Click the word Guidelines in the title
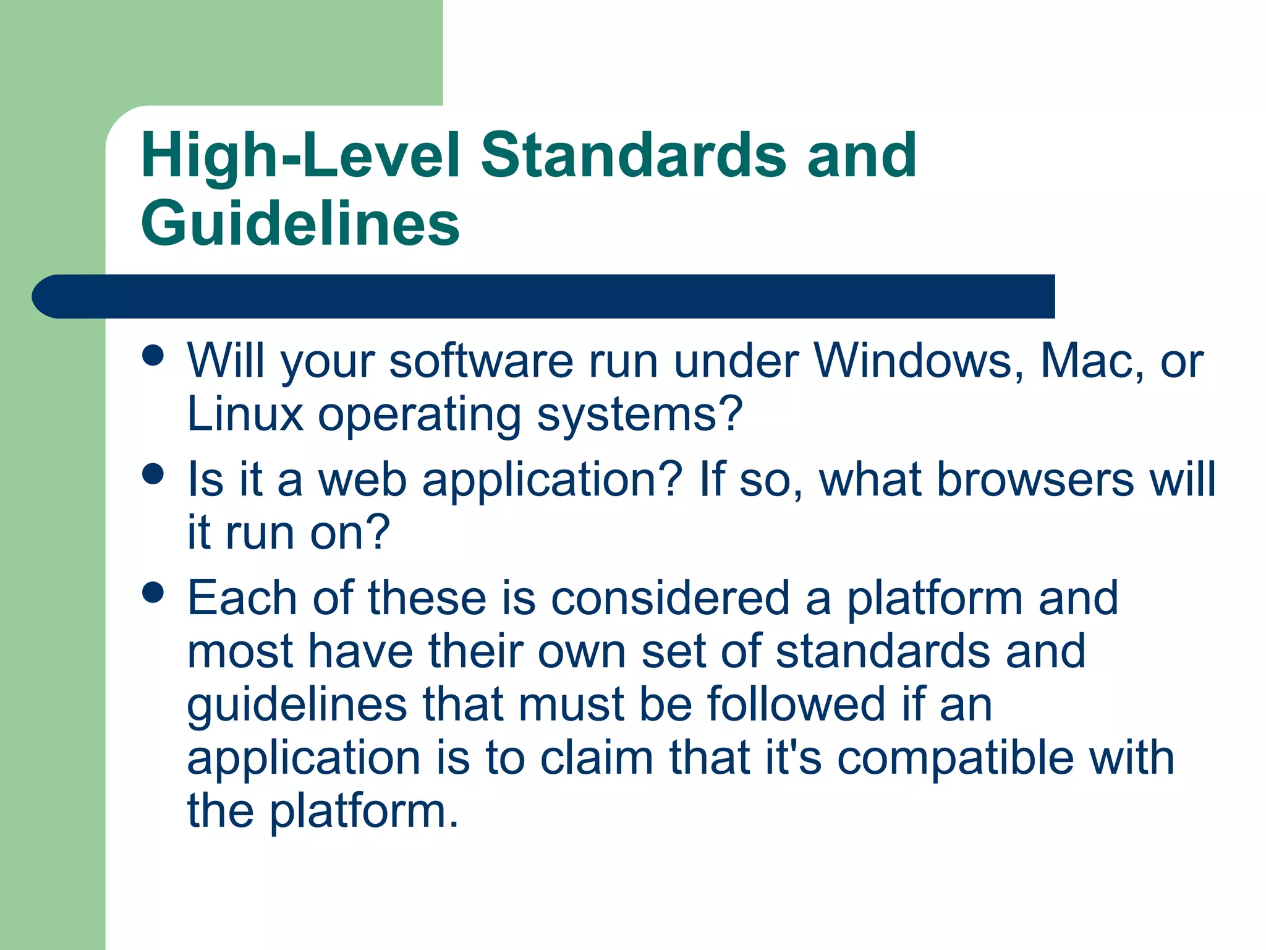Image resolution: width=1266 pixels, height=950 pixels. pyautogui.click(x=300, y=223)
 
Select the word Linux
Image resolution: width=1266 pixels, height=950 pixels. pyautogui.click(x=245, y=414)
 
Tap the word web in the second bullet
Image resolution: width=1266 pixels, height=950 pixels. pyautogui.click(x=362, y=479)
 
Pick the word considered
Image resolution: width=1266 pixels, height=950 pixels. pyautogui.click(x=670, y=598)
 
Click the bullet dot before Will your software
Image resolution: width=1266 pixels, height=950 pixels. pyautogui.click(x=153, y=355)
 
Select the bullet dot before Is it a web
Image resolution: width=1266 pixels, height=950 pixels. pyautogui.click(x=153, y=474)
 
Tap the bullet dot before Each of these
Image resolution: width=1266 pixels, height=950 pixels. pyautogui.click(x=153, y=593)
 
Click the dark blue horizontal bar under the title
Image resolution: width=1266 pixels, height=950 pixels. pyautogui.click(x=544, y=296)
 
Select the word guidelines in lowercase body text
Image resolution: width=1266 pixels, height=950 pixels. pyautogui.click(x=297, y=706)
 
